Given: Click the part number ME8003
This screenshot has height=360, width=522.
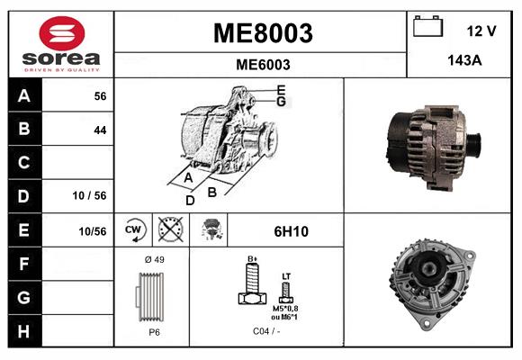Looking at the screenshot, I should click(x=262, y=33).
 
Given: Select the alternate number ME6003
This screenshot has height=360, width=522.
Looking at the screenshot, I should click(x=262, y=65).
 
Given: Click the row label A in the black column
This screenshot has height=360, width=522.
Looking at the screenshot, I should click(x=24, y=95).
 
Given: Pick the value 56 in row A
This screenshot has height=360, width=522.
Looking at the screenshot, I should click(x=99, y=95).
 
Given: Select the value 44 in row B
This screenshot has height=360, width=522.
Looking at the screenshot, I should click(x=99, y=130).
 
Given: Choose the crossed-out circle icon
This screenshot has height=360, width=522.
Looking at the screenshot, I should click(x=168, y=230).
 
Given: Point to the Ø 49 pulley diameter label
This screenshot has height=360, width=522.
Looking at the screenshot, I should click(x=153, y=259).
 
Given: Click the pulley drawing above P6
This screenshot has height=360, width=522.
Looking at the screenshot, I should click(x=153, y=296).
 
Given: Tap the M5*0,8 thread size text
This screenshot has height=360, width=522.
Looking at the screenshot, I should click(x=286, y=309).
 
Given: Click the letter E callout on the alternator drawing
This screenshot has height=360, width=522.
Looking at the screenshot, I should click(x=281, y=89).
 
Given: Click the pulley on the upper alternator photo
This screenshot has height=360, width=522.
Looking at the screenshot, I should click(x=471, y=144).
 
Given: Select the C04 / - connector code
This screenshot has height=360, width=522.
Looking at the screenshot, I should click(x=265, y=330).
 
